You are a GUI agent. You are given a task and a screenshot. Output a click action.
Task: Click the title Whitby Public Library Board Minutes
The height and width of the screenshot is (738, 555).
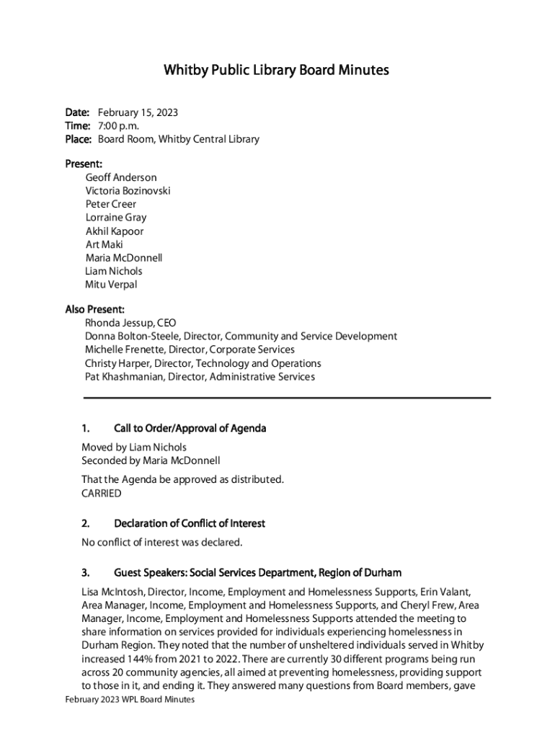[x=277, y=70]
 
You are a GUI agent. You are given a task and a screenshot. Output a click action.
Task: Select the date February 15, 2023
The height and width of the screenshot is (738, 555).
[x=138, y=112]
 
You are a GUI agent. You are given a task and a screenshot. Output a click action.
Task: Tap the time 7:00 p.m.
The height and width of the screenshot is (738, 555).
[x=118, y=125]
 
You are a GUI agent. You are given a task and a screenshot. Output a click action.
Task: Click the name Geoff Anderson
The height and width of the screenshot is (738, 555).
[x=120, y=177]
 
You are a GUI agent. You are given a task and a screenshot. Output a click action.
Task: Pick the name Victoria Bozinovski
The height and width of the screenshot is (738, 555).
[x=128, y=191]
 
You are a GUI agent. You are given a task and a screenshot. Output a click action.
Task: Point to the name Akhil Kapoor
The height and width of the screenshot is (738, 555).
[x=114, y=231]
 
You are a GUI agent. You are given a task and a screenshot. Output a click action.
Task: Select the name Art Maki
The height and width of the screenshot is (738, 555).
[x=104, y=244]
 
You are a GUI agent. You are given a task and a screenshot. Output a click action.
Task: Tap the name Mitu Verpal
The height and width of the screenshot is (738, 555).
[x=110, y=284]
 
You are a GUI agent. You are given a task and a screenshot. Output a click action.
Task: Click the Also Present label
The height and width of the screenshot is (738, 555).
[x=94, y=310]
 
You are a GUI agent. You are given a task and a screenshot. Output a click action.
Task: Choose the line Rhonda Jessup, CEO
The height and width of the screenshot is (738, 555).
[x=130, y=323]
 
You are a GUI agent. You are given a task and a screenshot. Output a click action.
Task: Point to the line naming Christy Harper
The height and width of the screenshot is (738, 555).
[x=203, y=363]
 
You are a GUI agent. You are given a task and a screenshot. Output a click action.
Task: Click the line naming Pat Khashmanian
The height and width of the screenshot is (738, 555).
[x=200, y=376]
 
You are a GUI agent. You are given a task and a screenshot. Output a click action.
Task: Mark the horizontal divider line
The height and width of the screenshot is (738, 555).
[x=287, y=398]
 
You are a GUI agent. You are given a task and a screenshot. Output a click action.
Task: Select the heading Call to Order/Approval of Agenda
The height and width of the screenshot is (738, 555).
[x=190, y=429]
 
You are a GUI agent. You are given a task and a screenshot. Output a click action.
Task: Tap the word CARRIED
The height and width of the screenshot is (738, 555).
[x=101, y=494]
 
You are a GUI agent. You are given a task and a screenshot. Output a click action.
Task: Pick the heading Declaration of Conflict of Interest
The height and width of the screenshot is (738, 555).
[x=189, y=523]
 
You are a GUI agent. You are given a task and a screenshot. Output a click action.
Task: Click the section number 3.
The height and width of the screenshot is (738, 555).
[x=85, y=573]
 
